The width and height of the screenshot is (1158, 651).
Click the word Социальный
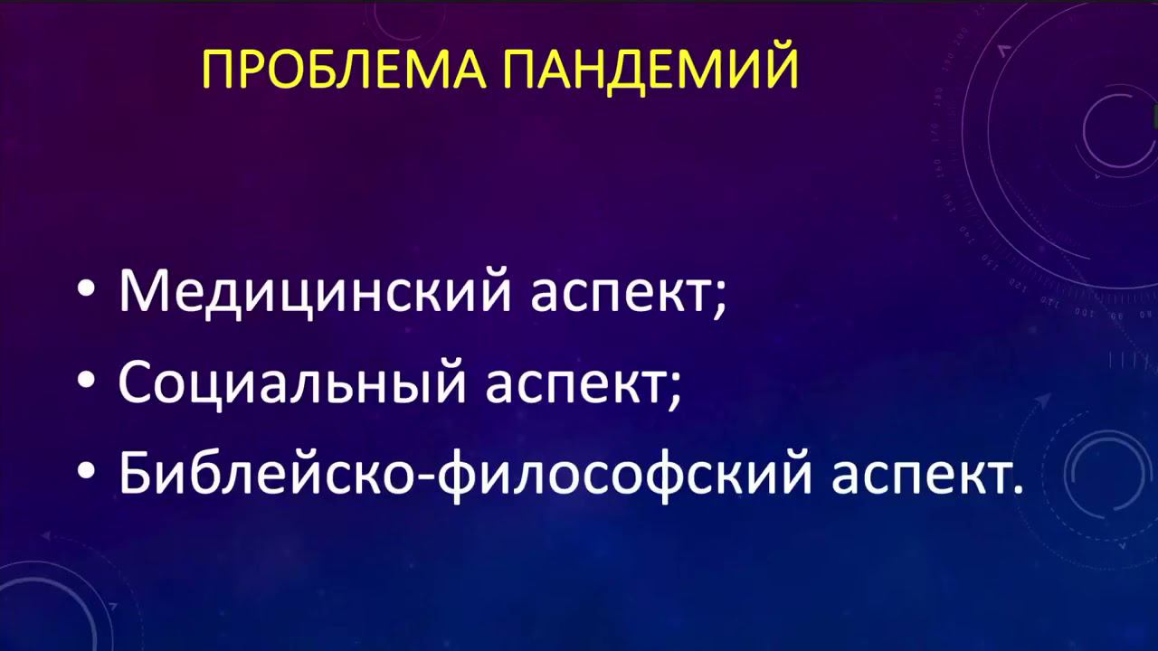click(292, 382)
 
